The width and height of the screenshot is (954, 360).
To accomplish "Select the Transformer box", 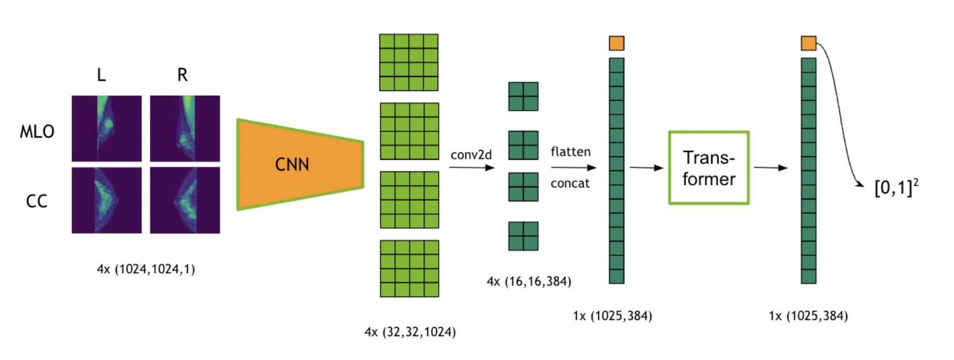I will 709,168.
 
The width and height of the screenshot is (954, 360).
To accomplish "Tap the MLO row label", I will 37,132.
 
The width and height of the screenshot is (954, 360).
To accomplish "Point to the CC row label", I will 37,201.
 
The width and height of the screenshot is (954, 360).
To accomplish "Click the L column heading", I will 101,75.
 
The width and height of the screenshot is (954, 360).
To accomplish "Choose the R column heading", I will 182,75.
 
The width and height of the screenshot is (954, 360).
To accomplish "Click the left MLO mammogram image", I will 107,128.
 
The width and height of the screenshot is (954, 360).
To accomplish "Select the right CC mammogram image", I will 185,200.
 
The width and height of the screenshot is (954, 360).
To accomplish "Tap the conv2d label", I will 471,155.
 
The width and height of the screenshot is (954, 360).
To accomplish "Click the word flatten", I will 570,152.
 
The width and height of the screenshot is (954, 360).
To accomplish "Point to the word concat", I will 570,184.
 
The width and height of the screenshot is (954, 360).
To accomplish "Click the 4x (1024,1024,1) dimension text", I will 146,269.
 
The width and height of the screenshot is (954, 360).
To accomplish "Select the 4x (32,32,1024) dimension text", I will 410,332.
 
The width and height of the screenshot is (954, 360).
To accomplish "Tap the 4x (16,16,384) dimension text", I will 529,281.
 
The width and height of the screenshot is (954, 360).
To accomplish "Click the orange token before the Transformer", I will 617,43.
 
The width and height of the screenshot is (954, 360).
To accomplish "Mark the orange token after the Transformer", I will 808,43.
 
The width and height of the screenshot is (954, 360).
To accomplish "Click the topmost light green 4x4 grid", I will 409,63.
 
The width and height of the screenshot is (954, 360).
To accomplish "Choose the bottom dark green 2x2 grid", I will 523,236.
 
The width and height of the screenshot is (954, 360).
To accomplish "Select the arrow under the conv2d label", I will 472,168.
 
